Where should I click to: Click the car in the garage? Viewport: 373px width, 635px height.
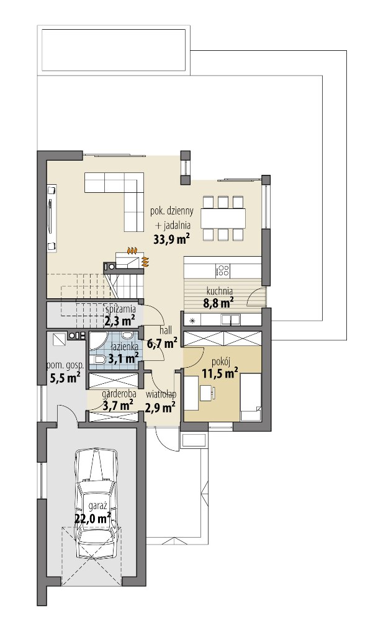point(96,499)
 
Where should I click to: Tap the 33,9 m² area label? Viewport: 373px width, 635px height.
point(172,239)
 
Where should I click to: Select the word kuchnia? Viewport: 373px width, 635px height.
point(219,290)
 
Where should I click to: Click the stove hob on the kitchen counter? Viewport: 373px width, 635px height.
point(223,270)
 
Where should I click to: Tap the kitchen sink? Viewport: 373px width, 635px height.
point(231,320)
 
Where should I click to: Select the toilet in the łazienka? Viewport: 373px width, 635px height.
point(99,360)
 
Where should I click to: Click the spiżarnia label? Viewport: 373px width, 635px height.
point(120,309)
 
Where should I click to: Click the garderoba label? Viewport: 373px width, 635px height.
point(119,393)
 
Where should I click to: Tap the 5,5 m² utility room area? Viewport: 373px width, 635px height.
point(65,378)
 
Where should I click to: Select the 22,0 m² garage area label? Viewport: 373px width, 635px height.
point(93,518)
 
